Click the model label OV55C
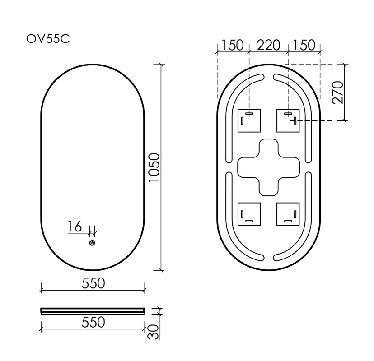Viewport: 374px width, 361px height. click(48, 39)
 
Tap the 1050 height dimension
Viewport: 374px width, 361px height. click(154, 168)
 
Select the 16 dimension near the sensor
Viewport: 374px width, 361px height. click(75, 227)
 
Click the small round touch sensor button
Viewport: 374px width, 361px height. click(92, 243)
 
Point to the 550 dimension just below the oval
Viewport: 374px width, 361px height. click(93, 283)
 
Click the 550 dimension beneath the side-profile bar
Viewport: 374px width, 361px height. click(93, 322)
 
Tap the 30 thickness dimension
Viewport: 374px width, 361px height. click(154, 332)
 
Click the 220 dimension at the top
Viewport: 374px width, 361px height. click(268, 45)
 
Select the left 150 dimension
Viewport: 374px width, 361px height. click(233, 45)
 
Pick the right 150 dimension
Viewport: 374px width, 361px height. click(304, 45)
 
